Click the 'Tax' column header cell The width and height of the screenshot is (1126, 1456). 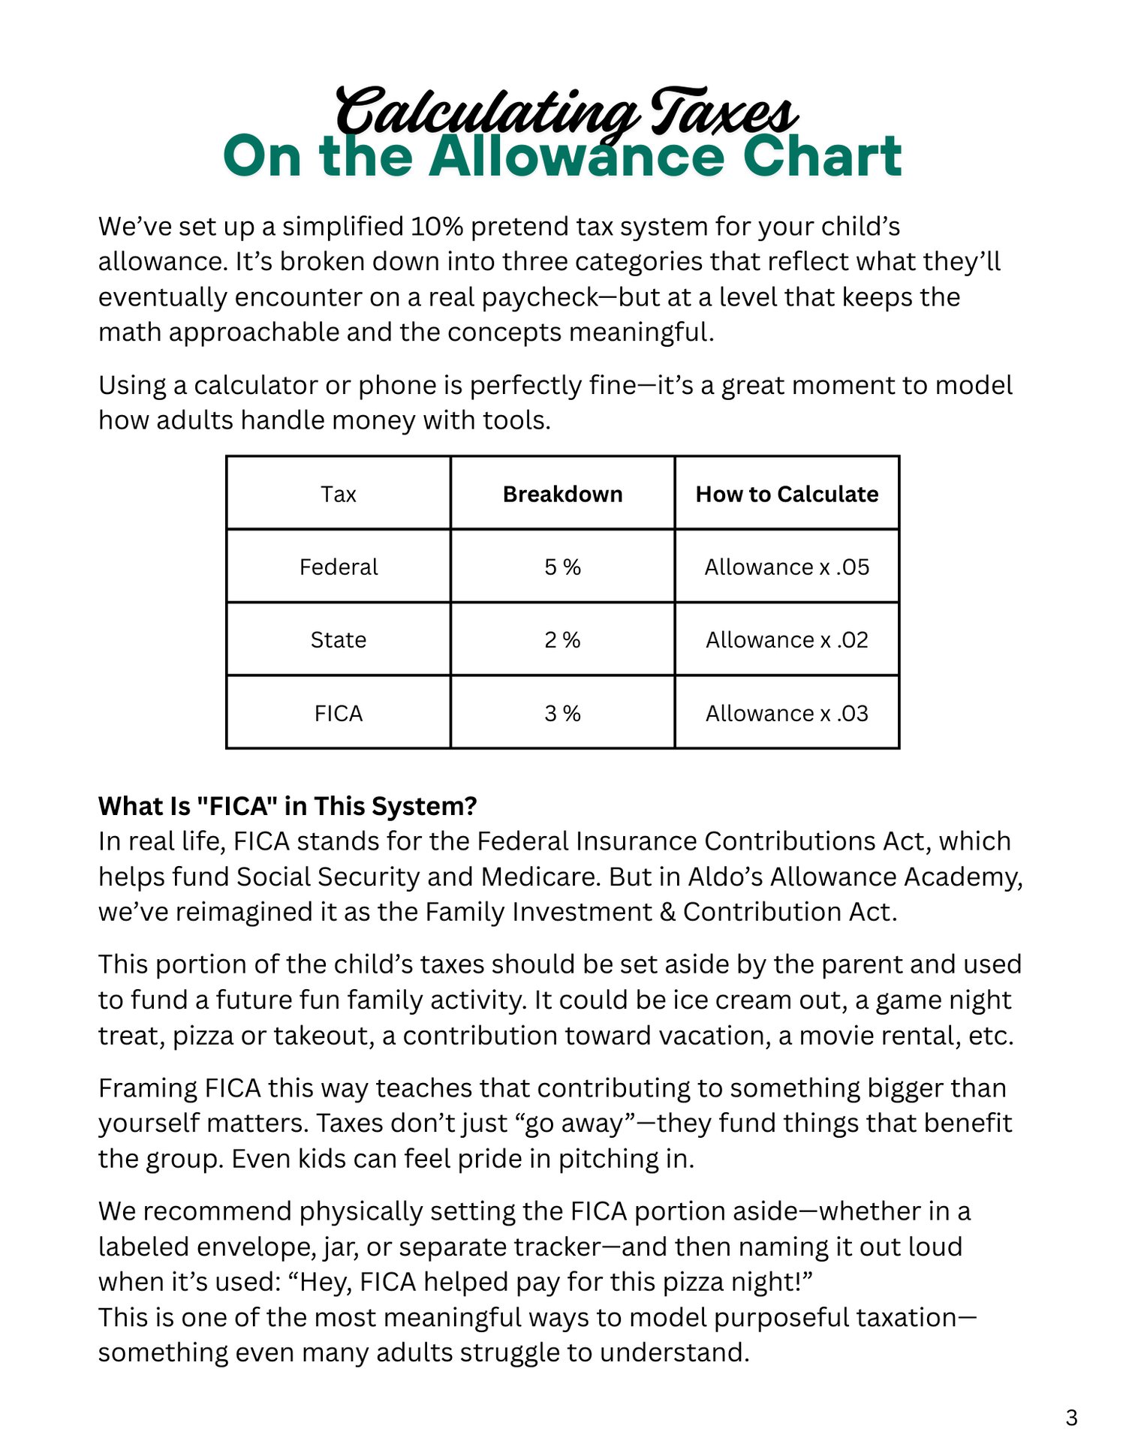tap(338, 494)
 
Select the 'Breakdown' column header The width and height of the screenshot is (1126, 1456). tap(562, 494)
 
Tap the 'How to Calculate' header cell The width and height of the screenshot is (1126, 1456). tap(787, 494)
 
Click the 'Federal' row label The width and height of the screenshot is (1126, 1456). tap(338, 567)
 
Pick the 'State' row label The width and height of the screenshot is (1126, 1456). tap(338, 639)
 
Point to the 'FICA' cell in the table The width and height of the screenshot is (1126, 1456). tap(338, 712)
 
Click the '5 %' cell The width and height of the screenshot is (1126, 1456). tap(562, 567)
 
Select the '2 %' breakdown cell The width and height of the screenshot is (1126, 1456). tap(562, 639)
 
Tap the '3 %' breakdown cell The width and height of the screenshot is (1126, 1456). tap(562, 712)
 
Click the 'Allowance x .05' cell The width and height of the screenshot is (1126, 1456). tap(787, 567)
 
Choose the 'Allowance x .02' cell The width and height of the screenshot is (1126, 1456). tap(787, 639)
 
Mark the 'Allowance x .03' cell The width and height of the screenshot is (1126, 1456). tap(787, 712)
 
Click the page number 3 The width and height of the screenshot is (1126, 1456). tap(1071, 1418)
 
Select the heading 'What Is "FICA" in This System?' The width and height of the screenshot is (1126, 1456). tap(288, 805)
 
